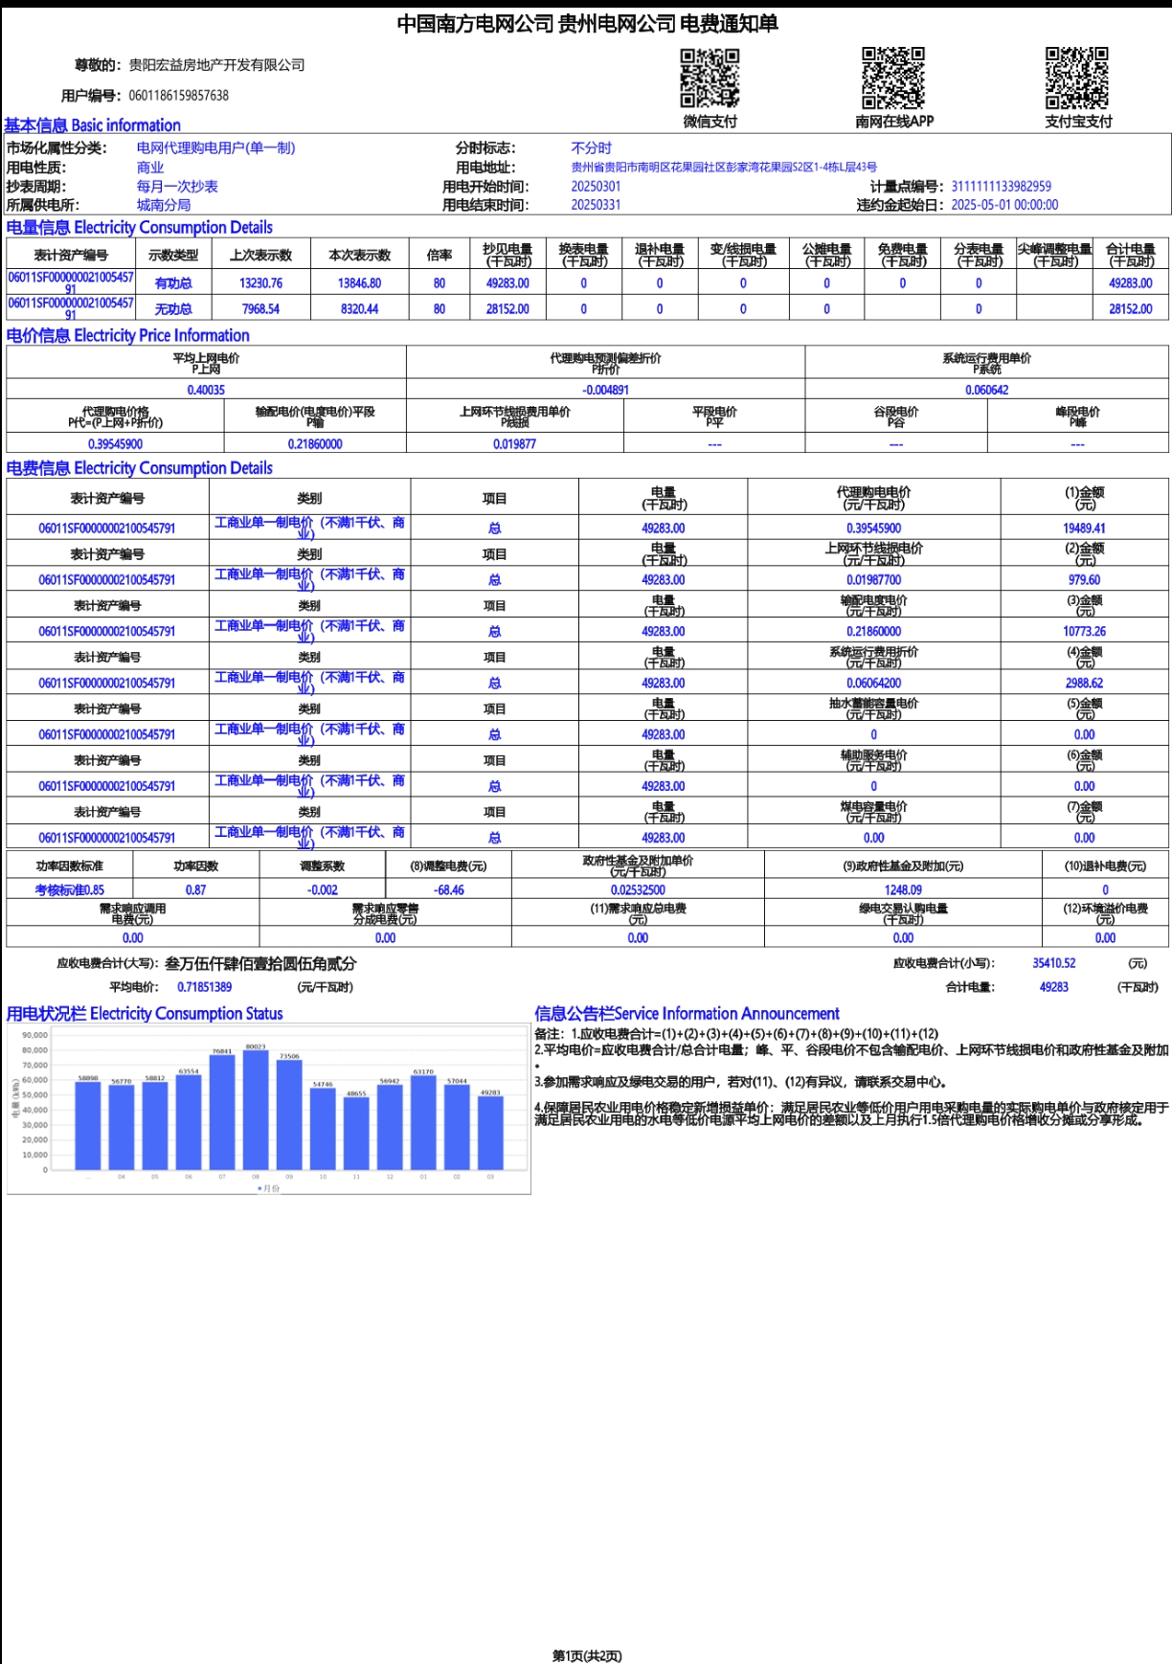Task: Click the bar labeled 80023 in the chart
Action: point(256,1111)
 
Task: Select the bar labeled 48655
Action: point(356,1134)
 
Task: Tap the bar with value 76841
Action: point(222,1113)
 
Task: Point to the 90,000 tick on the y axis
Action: point(35,1035)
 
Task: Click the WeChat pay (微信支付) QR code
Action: point(710,79)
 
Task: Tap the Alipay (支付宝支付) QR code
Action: point(1077,78)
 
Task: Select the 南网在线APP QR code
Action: point(893,78)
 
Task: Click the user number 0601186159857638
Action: point(178,96)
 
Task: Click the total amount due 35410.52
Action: point(1053,963)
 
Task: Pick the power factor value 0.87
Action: point(195,889)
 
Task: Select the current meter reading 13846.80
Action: point(359,283)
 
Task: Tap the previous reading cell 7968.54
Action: point(260,309)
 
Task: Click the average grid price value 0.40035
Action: point(206,390)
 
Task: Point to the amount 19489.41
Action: point(1084,528)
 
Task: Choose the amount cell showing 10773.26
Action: point(1084,631)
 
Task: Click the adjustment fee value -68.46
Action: point(448,889)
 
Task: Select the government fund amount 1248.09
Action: point(903,889)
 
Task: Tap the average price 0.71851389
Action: point(204,987)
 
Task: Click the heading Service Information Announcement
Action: point(687,1013)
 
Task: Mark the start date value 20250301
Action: point(596,187)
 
